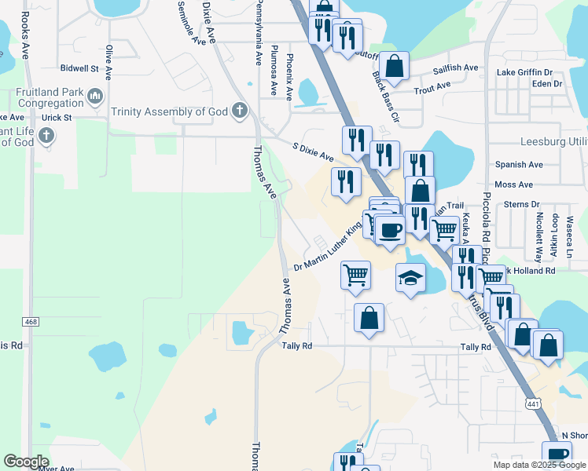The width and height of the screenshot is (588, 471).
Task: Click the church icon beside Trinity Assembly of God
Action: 239,111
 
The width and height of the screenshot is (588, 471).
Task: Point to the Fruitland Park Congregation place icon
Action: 96,97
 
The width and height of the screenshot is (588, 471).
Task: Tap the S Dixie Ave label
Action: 313,152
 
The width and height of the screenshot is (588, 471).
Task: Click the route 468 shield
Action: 31,322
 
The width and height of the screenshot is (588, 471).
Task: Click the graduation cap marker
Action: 410,278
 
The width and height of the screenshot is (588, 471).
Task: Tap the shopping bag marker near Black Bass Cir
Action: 395,68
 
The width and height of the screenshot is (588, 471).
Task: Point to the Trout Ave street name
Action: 432,86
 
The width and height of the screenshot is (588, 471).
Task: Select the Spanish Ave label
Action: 519,165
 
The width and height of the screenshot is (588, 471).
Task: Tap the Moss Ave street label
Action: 514,184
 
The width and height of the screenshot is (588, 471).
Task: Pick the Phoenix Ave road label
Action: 289,77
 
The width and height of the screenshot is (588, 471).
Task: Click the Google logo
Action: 27,462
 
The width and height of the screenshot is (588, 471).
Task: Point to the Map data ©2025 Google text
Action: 538,465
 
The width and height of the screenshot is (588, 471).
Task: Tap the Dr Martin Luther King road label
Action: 328,246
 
